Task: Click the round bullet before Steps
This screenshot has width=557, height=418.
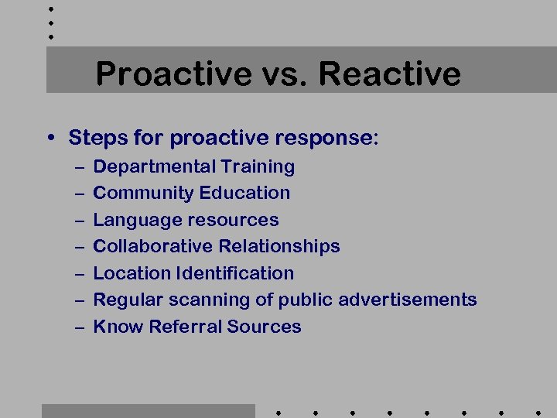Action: (50, 139)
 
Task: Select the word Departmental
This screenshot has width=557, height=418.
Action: (154, 166)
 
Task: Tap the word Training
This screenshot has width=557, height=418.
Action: (258, 167)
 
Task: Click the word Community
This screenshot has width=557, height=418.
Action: (143, 193)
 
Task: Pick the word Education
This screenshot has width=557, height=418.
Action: (244, 193)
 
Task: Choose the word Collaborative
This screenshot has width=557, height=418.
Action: (152, 246)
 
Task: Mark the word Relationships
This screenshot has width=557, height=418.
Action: (279, 246)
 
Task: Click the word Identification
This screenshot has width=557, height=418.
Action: (235, 273)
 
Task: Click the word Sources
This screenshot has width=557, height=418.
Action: (265, 327)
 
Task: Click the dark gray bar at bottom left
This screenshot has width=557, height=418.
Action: (148, 410)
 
